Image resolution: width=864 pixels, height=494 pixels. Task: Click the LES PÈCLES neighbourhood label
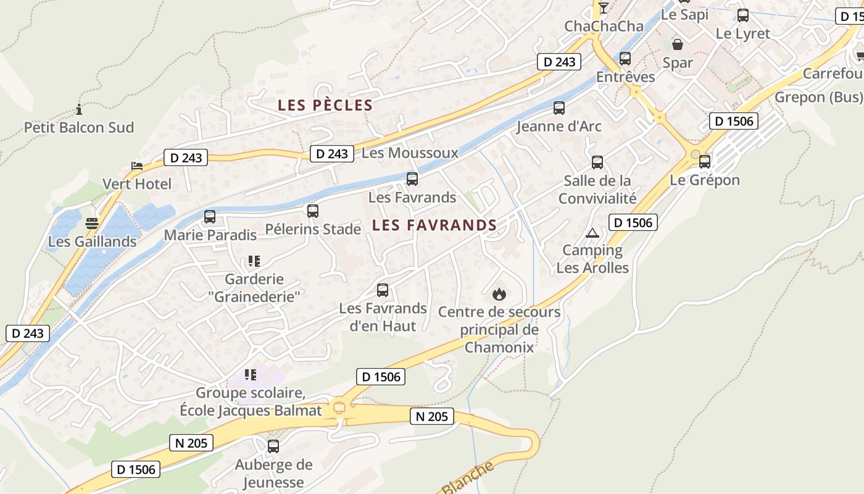click(x=325, y=105)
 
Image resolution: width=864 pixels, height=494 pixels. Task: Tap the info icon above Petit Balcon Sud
click(x=79, y=110)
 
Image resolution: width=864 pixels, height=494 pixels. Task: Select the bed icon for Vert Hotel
click(x=137, y=166)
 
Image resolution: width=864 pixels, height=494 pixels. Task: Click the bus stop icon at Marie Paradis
click(x=210, y=217)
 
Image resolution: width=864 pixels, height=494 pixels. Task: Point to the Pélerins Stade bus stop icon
click(x=313, y=211)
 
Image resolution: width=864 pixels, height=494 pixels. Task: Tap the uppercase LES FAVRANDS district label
click(x=434, y=225)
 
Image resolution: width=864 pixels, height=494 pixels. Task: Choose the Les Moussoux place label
click(x=410, y=153)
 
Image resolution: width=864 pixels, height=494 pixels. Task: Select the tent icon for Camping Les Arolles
click(x=592, y=233)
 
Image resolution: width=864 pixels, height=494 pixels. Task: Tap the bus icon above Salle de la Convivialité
click(x=597, y=162)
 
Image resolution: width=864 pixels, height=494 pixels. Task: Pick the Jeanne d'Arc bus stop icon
click(x=559, y=108)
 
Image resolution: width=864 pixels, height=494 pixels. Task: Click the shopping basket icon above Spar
click(x=678, y=44)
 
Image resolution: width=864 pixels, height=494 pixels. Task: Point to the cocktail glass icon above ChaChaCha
click(x=604, y=8)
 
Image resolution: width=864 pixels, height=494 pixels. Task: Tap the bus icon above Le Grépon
click(x=705, y=162)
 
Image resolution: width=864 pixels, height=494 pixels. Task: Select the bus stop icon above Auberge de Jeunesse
click(x=273, y=446)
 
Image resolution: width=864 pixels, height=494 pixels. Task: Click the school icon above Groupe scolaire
click(x=250, y=374)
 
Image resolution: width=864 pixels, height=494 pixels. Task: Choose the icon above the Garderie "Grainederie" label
click(x=254, y=261)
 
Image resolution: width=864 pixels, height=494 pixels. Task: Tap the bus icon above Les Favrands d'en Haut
click(x=383, y=290)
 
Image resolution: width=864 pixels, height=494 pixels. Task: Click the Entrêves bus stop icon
click(x=625, y=59)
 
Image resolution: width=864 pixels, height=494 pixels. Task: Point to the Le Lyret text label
click(x=743, y=33)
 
